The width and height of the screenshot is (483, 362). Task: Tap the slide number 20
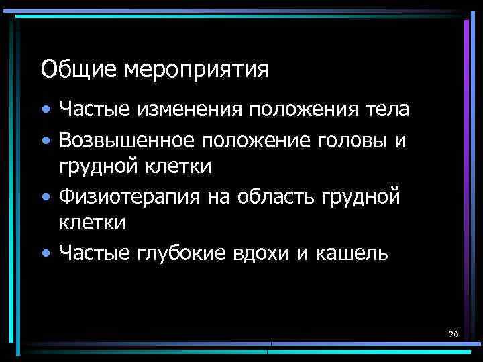[453, 333]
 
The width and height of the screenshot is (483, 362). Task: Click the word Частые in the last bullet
[96, 254]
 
